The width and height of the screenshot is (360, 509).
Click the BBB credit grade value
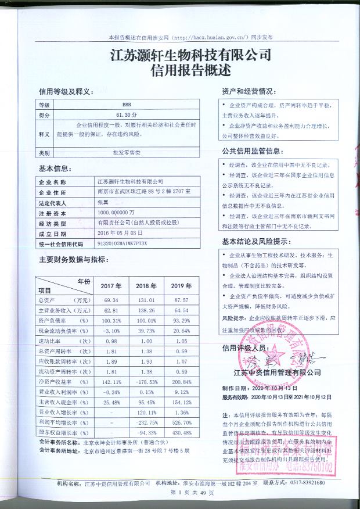tap(119, 105)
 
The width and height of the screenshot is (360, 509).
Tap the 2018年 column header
tap(142, 286)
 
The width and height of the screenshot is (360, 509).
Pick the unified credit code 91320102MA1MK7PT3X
tap(120, 245)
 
